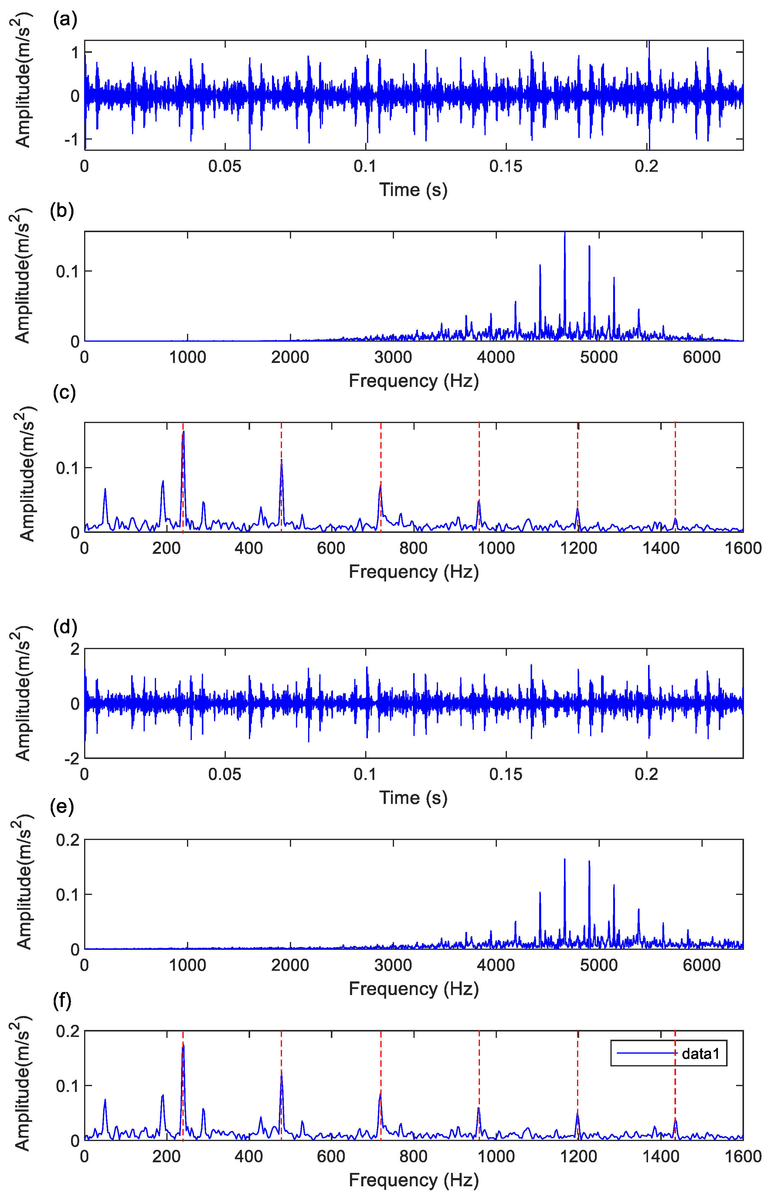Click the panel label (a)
[65, 20]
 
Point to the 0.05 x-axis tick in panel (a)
[225, 166]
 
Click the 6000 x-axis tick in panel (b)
[701, 357]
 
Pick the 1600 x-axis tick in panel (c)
[743, 548]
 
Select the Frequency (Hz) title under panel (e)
[413, 988]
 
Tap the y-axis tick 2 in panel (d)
[75, 649]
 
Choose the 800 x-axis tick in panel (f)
[413, 1157]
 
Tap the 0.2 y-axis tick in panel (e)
[68, 840]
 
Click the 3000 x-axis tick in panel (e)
[393, 965]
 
